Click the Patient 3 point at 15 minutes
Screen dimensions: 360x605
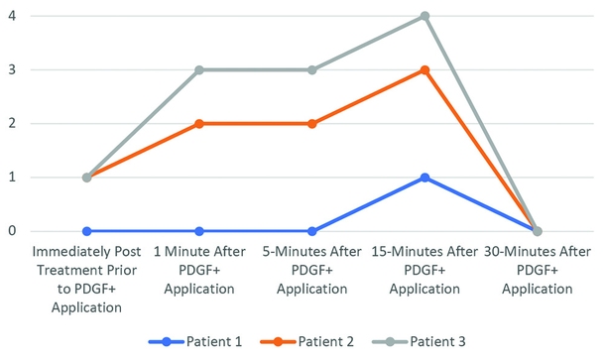(424, 16)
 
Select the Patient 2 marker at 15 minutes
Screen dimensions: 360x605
(424, 69)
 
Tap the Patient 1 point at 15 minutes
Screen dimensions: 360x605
(424, 178)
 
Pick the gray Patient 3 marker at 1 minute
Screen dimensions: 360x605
(199, 69)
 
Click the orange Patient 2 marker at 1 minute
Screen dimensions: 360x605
(199, 124)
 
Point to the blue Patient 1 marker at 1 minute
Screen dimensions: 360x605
(199, 231)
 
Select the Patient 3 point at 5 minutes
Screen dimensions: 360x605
(311, 69)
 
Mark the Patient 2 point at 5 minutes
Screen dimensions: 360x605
(311, 124)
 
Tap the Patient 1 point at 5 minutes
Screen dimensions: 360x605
(311, 231)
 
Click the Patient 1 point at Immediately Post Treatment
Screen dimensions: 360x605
(86, 231)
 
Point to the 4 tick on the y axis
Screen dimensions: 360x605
(13, 16)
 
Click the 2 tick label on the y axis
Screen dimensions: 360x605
(13, 124)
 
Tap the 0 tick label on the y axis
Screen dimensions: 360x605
(13, 231)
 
